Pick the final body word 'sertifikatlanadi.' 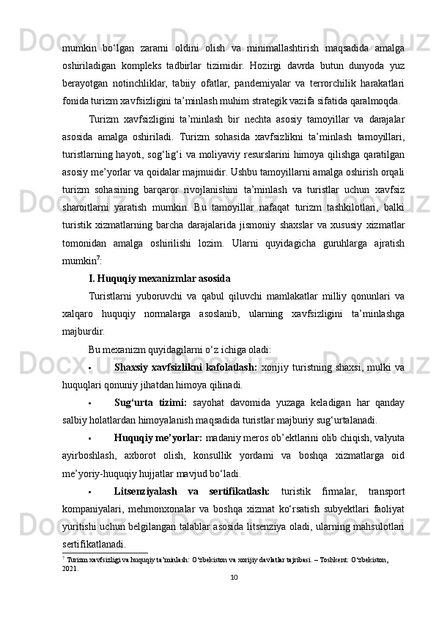[93, 545]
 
